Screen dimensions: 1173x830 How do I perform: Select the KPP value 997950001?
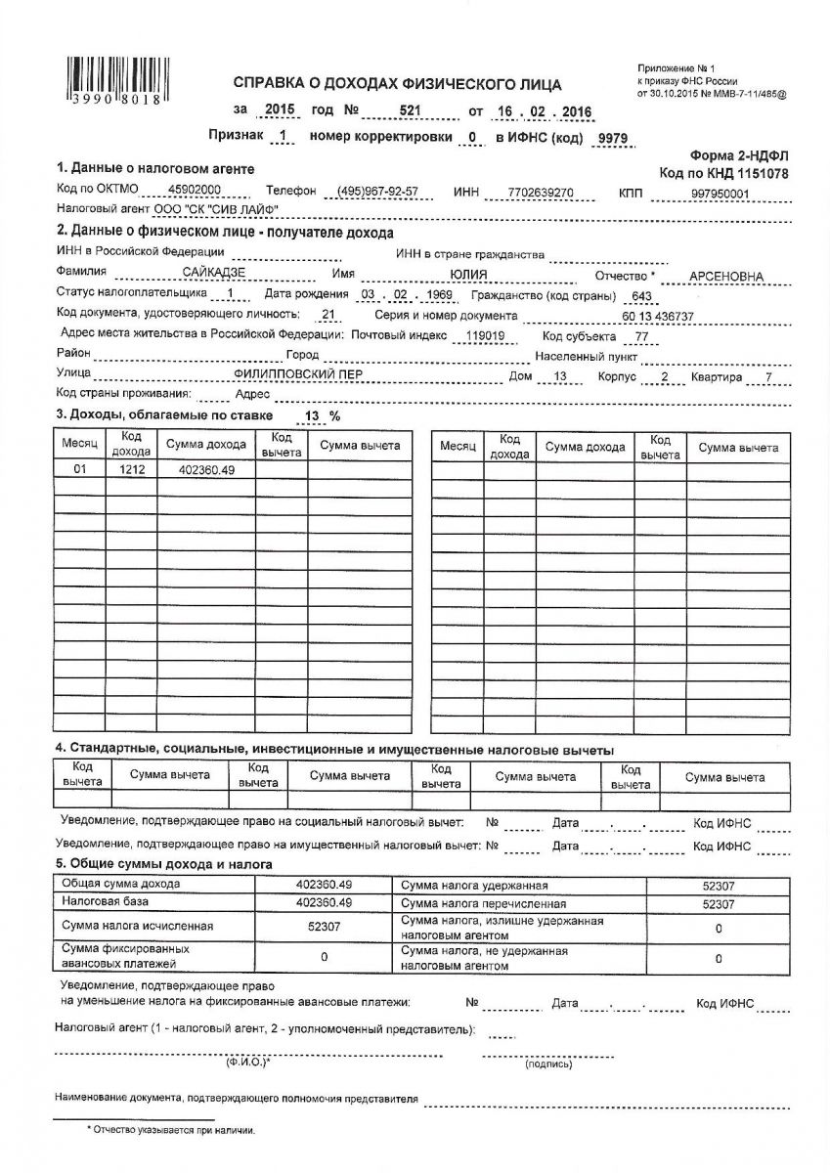click(719, 194)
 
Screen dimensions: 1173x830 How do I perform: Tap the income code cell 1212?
click(132, 470)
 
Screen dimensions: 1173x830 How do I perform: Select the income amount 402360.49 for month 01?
click(206, 470)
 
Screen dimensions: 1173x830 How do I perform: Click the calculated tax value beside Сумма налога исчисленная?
click(324, 925)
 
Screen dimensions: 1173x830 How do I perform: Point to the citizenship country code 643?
click(643, 296)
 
